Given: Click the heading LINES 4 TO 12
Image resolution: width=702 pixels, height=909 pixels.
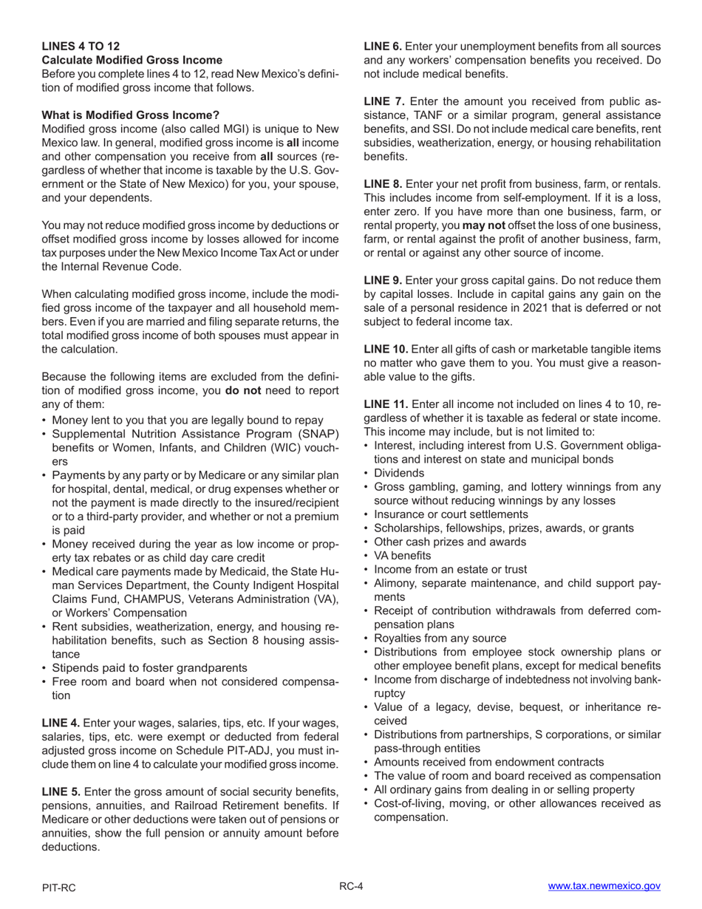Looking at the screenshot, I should coord(81,46).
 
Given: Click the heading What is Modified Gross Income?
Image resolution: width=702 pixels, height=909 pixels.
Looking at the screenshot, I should coord(130,115).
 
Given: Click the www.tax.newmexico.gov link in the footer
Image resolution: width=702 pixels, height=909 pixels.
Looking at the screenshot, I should coord(604,886).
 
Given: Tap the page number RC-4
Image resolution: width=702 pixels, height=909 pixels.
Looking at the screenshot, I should coord(351,886).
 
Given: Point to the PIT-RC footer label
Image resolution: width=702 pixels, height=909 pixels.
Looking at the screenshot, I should coord(58,888).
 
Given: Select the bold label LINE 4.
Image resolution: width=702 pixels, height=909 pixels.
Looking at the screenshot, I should coord(61,723).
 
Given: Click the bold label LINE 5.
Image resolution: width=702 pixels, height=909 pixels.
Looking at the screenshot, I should coord(61,791).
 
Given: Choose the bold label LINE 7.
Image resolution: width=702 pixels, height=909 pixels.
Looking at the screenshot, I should coord(384,101).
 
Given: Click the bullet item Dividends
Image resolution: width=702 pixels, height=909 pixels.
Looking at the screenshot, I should coord(399,473).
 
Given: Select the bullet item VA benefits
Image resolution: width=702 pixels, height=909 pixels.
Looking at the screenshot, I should coord(402,556).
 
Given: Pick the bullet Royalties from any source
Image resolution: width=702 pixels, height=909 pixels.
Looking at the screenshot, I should coord(440,639).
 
